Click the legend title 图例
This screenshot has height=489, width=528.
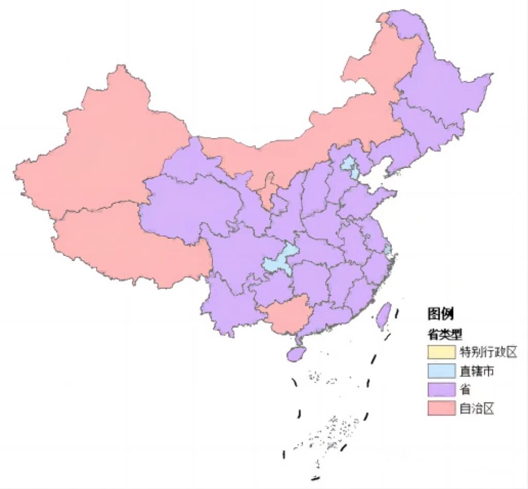pos(440,313)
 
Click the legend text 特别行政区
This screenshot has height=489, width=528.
pos(487,352)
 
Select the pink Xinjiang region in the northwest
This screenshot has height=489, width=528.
pos(103,150)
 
